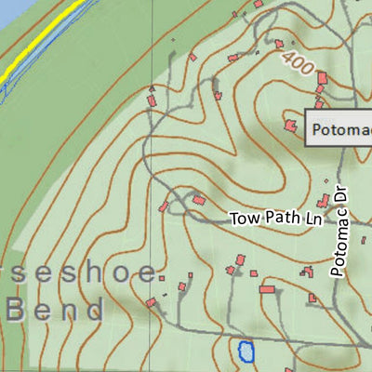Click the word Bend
(x=55, y=310)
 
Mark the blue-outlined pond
(x=246, y=352)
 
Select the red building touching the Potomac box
(x=291, y=124)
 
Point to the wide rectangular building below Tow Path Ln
(x=268, y=290)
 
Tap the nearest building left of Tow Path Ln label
(x=198, y=198)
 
